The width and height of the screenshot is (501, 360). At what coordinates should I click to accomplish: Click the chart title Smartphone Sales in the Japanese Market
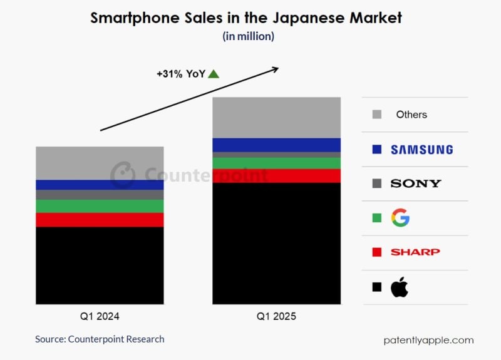[246, 18]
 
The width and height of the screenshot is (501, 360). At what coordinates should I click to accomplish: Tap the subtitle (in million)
[249, 36]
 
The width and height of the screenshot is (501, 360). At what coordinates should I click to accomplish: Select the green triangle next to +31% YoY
[214, 74]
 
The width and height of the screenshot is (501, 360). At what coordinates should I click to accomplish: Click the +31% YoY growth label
[181, 74]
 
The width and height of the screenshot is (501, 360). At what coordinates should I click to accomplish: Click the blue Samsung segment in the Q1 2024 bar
[100, 185]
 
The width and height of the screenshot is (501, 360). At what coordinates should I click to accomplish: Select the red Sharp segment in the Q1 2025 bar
[276, 176]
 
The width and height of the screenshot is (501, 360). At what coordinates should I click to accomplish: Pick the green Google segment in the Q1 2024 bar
[100, 206]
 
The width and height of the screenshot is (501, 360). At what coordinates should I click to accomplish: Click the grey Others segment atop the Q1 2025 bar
[276, 118]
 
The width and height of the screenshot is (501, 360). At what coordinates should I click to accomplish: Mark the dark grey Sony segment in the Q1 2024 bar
[100, 195]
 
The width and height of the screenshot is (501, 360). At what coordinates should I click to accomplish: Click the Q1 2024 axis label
[100, 316]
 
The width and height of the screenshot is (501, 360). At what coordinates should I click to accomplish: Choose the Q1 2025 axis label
[276, 316]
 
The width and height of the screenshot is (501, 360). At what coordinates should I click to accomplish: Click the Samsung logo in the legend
[421, 150]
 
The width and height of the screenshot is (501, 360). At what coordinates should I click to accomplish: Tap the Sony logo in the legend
[416, 183]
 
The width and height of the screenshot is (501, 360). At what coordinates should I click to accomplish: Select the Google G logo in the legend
[400, 218]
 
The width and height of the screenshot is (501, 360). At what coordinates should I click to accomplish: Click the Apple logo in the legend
[400, 287]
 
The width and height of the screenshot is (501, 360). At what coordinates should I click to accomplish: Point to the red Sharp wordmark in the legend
[415, 252]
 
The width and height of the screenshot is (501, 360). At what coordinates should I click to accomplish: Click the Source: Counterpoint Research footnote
[100, 339]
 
